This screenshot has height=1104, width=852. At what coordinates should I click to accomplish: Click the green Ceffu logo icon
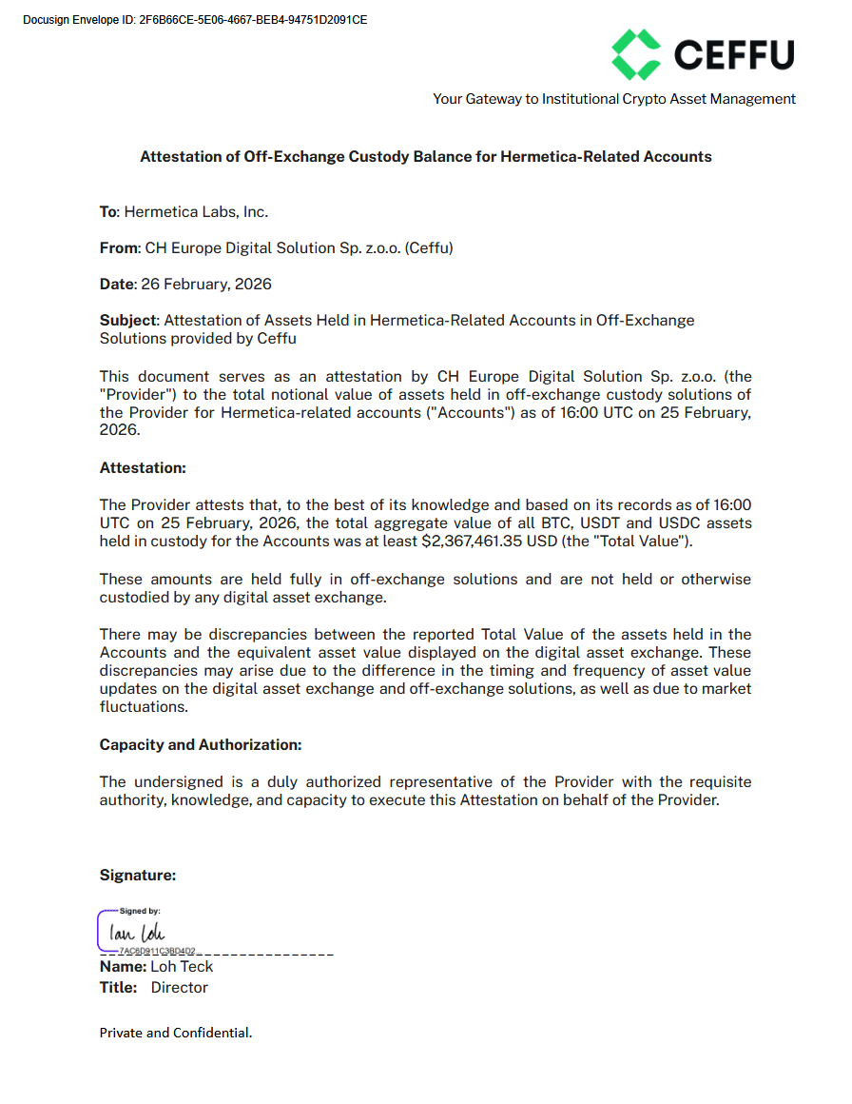(x=635, y=54)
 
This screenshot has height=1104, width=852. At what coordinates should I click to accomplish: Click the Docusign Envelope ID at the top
(x=195, y=20)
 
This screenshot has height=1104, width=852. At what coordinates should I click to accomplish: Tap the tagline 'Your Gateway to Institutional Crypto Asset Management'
(x=613, y=99)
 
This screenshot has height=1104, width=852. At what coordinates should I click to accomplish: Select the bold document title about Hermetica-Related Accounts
(x=425, y=157)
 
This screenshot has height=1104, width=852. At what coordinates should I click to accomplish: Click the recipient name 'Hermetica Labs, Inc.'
(x=203, y=212)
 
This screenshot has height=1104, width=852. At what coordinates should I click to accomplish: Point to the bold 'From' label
(x=119, y=248)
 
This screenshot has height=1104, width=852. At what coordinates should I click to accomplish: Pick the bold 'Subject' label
(x=127, y=321)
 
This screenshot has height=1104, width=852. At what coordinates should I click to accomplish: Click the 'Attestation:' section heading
(x=143, y=468)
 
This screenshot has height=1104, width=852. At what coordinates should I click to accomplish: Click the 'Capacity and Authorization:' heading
(x=201, y=745)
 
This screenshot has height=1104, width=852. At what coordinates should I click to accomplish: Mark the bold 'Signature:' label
(x=138, y=876)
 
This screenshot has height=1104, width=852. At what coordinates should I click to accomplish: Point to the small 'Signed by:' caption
(x=140, y=911)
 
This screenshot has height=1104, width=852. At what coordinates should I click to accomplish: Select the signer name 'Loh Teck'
(x=182, y=967)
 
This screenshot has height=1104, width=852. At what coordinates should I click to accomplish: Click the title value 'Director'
(x=179, y=988)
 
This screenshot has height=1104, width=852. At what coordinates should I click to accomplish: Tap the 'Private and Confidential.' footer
(x=176, y=1033)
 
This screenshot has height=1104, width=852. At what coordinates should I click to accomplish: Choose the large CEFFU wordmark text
(x=733, y=54)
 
